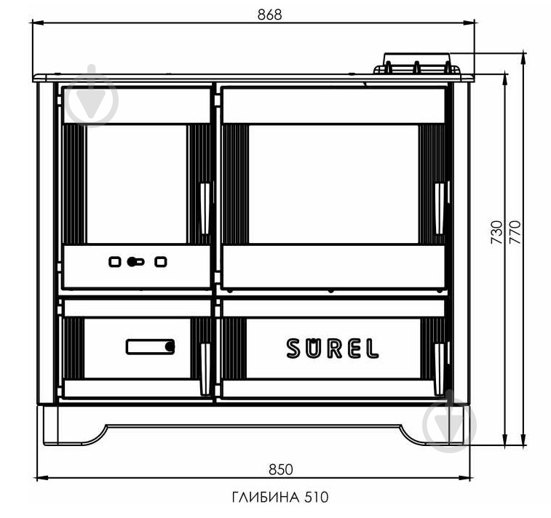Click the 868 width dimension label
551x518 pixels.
point(269,15)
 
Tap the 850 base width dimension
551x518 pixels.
point(280,469)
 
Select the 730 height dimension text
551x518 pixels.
point(497,232)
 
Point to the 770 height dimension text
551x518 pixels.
point(515,232)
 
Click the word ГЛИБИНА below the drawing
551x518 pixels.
point(266,497)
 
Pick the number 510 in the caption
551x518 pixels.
point(317,497)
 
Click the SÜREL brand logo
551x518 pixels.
point(333,348)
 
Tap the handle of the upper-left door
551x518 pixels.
point(205,208)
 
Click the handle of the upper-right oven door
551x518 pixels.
point(439,208)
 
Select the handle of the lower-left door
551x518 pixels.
point(205,369)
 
